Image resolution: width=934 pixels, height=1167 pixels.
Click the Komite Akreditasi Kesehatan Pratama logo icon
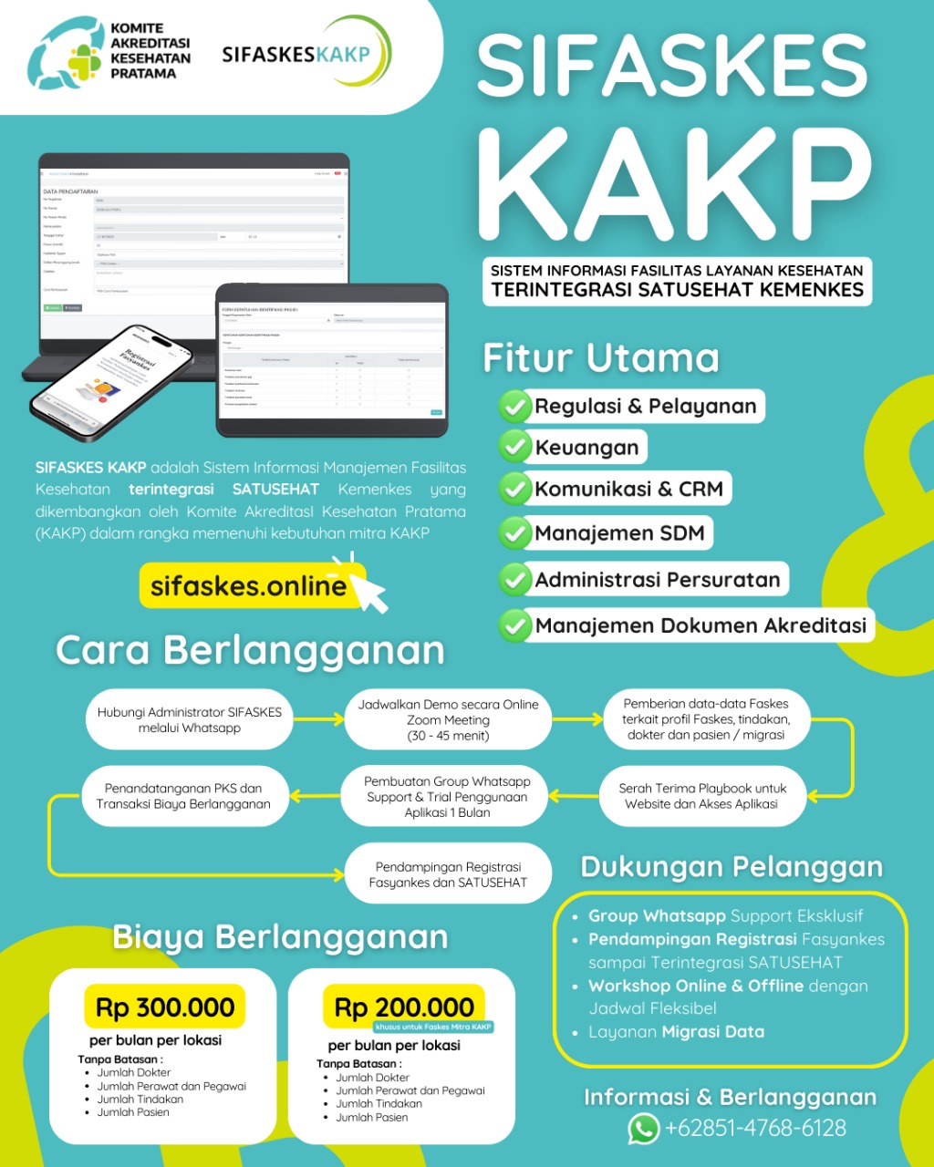67,57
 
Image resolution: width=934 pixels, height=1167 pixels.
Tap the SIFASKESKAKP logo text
296,54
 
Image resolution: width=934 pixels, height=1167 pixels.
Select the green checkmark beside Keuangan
515,448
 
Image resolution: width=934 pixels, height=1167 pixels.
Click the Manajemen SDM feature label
619,533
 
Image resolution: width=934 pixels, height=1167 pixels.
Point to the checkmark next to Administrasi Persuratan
515,580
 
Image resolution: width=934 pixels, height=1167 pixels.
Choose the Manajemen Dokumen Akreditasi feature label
700,625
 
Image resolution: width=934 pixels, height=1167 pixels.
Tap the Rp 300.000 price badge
165,1007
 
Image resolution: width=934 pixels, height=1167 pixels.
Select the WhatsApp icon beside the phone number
643,1129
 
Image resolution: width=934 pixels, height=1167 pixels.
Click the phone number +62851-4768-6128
755,1129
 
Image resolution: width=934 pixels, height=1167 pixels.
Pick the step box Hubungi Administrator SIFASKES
190,720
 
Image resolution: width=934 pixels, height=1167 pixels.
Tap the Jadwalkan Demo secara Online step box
448,720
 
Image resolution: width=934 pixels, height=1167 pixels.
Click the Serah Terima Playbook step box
701,796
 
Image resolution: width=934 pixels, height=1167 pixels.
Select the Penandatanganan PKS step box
183,796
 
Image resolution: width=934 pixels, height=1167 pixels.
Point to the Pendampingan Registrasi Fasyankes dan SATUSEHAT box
448,874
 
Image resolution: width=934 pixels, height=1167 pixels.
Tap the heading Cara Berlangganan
250,651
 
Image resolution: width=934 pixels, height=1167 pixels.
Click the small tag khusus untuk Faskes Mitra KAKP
432,1028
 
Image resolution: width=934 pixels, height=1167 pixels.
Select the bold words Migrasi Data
712,1032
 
